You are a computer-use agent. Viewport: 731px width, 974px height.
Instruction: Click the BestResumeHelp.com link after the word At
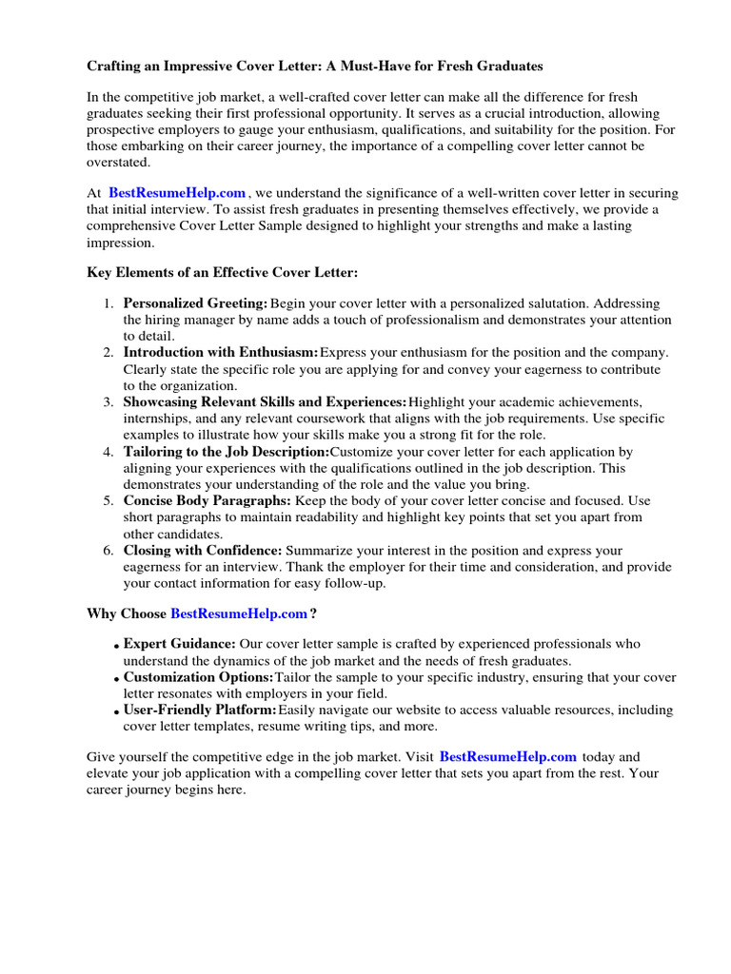(x=177, y=193)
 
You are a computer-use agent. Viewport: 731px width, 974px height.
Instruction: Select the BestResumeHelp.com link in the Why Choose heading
(x=239, y=614)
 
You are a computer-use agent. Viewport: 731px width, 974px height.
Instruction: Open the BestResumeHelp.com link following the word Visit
(x=508, y=757)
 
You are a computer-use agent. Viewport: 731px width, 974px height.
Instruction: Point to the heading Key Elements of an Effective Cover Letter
(x=223, y=273)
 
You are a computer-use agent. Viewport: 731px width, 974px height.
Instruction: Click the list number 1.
(x=107, y=303)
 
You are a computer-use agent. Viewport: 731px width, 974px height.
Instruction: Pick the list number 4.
(x=107, y=452)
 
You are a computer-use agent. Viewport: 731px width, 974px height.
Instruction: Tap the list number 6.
(x=107, y=551)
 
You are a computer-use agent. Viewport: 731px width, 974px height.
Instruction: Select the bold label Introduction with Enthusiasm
(x=221, y=353)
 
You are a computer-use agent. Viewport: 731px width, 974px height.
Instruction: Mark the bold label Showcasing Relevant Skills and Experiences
(x=265, y=402)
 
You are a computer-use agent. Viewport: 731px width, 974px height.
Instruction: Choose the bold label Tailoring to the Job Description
(x=226, y=452)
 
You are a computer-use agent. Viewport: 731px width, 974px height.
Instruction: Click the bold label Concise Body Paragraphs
(x=207, y=501)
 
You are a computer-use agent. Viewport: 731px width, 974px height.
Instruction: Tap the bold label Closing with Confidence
(x=203, y=551)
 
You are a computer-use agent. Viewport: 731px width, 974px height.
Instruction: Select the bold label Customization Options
(x=198, y=677)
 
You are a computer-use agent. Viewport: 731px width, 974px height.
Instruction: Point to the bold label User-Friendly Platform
(x=200, y=711)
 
